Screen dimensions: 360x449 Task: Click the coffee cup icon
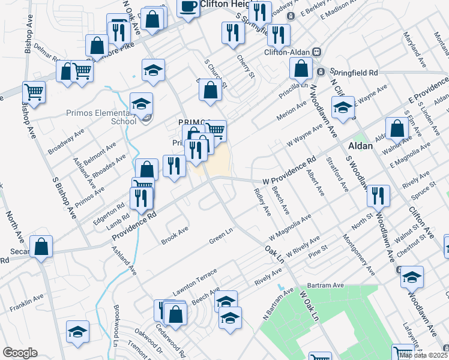(x=188, y=7)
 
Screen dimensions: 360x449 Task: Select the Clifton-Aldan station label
(x=286, y=52)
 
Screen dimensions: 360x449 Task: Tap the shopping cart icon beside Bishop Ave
(x=34, y=92)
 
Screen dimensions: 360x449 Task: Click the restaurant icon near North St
(x=378, y=195)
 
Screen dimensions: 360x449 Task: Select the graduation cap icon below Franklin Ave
(x=78, y=332)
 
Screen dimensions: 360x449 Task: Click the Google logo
(x=20, y=352)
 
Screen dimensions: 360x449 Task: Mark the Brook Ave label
(x=175, y=236)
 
